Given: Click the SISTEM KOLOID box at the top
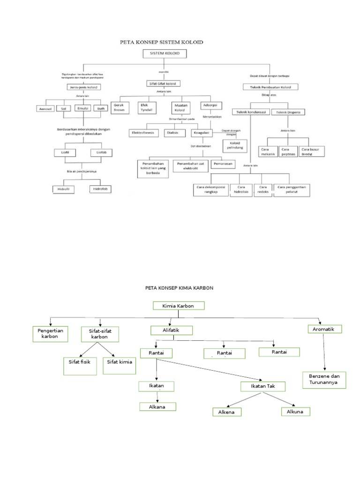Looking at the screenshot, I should [x=164, y=54].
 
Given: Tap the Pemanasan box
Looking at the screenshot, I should [x=222, y=164].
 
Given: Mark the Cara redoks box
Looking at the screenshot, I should [x=262, y=190].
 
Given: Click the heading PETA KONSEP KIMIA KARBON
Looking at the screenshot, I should [x=180, y=287].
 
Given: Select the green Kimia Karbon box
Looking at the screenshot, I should [x=179, y=306].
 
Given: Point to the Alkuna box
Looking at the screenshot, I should [x=296, y=411].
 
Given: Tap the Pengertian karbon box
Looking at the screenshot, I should [x=50, y=334].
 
